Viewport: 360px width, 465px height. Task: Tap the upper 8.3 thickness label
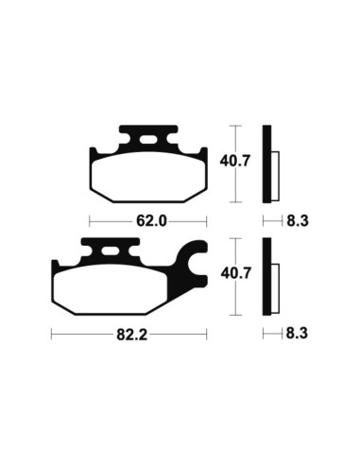297,221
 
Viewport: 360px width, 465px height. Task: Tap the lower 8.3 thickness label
297,335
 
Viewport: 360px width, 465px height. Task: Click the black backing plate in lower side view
268,275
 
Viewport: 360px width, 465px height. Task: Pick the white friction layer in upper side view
276,174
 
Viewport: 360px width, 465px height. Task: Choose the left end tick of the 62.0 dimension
90,221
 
